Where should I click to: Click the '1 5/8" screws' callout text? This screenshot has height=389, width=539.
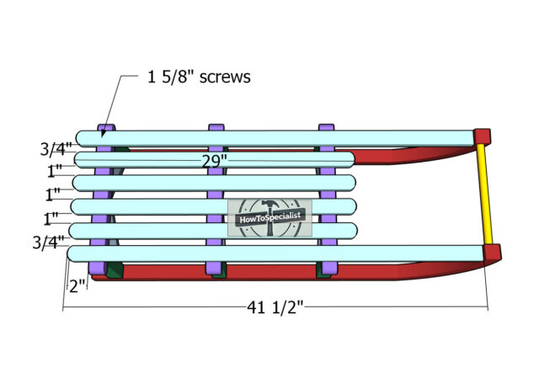pyautogui.click(x=199, y=77)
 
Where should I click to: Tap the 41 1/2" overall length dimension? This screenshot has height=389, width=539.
pyautogui.click(x=275, y=307)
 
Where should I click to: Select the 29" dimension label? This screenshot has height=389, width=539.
pyautogui.click(x=215, y=161)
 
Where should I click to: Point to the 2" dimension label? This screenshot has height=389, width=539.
pyautogui.click(x=77, y=286)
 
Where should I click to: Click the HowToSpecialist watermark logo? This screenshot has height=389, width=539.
pyautogui.click(x=269, y=218)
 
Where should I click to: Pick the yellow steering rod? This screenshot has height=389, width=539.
pyautogui.click(x=484, y=194)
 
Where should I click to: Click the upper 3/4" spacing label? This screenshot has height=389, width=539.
pyautogui.click(x=56, y=149)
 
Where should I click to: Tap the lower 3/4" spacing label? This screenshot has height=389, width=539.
pyautogui.click(x=49, y=242)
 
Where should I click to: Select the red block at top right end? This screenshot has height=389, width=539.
pyautogui.click(x=482, y=136)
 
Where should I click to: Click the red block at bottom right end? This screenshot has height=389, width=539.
pyautogui.click(x=492, y=253)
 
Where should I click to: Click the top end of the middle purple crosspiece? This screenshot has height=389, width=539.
pyautogui.click(x=216, y=127)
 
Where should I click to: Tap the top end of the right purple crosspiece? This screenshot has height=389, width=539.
pyautogui.click(x=326, y=127)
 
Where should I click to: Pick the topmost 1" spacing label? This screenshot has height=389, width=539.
pyautogui.click(x=55, y=170)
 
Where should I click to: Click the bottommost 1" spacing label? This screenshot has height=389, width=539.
pyautogui.click(x=51, y=219)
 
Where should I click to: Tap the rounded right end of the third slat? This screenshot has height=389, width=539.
pyautogui.click(x=351, y=184)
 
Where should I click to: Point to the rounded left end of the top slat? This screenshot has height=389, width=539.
pyautogui.click(x=82, y=138)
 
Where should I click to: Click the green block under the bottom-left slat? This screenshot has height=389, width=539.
pyautogui.click(x=114, y=270)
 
